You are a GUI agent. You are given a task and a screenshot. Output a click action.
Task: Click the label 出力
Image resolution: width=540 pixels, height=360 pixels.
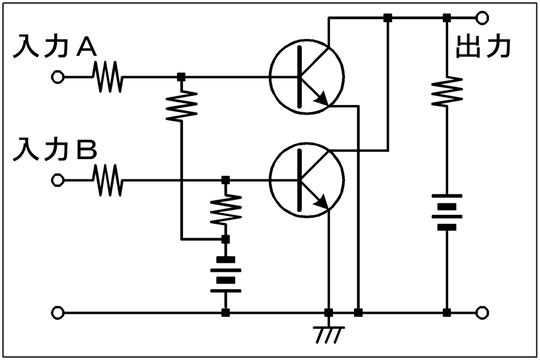[484, 46]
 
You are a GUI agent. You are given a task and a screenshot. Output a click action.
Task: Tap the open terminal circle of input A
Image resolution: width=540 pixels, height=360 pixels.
[58, 77]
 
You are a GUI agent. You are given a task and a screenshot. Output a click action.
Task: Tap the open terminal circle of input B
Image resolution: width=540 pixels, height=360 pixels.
[58, 180]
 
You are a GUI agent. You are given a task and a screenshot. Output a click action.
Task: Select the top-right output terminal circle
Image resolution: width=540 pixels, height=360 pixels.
[482, 17]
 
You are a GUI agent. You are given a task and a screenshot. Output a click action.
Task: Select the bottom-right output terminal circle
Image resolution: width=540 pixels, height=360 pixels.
[482, 313]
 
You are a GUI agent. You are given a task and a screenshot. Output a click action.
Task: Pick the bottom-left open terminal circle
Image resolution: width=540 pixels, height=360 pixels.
[58, 313]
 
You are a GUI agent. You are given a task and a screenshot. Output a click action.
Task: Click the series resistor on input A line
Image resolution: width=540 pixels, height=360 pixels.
[108, 77]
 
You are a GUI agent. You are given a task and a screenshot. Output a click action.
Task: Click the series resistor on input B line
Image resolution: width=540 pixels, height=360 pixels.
[108, 180]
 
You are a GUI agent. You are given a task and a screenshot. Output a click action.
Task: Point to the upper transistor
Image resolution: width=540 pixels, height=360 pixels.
[307, 76]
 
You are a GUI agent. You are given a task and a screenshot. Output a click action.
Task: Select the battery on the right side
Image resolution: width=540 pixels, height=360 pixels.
[447, 212]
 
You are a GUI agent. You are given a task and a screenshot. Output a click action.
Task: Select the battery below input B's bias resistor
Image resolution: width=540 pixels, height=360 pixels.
[226, 275]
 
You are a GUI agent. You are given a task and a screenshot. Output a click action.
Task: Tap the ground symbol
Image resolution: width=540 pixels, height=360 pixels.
[329, 332]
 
